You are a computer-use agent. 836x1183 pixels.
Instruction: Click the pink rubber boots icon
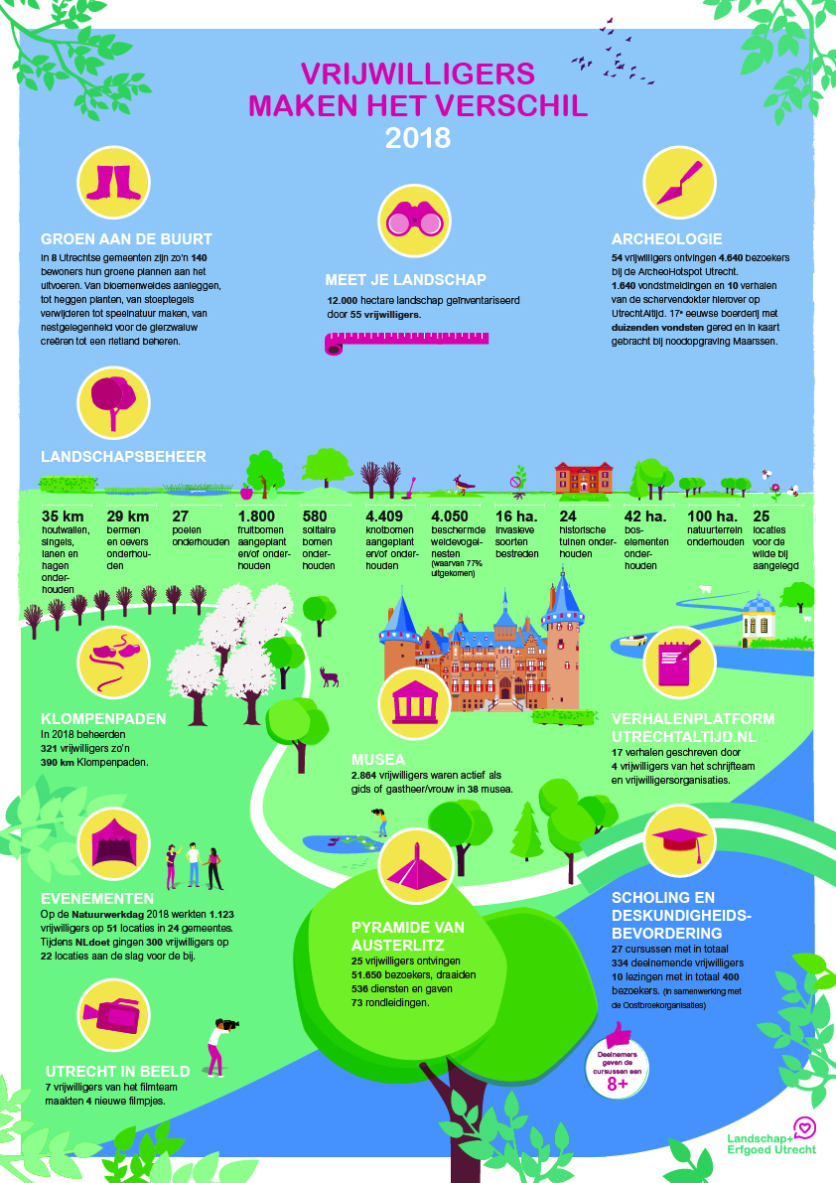pos(114,183)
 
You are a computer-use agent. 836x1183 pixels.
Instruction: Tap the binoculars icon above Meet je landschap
pos(414,220)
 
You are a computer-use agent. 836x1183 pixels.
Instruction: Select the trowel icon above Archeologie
pos(680,183)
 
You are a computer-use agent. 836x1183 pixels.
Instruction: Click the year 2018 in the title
pos(418,138)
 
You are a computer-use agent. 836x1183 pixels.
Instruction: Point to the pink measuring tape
pos(406,343)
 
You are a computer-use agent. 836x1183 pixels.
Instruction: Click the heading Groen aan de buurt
pos(127,239)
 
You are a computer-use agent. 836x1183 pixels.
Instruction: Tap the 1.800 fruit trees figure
pos(256,517)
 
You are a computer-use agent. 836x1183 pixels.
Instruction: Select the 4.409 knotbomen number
pos(384,517)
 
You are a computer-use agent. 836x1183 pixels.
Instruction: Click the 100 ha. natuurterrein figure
pos(712,517)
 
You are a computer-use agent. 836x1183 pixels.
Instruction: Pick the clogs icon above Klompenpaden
pos(114,657)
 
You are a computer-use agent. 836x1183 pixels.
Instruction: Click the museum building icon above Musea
pos(414,703)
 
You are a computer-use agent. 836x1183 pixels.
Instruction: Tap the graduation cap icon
pos(680,841)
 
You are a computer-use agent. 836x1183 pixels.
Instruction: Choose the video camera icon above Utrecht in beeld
pos(112,1015)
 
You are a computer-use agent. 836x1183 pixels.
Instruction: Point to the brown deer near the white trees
pos(330,676)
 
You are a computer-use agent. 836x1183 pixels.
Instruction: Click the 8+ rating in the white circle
pos(618,1084)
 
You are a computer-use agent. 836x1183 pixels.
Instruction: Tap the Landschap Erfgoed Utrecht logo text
pos(771,1144)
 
